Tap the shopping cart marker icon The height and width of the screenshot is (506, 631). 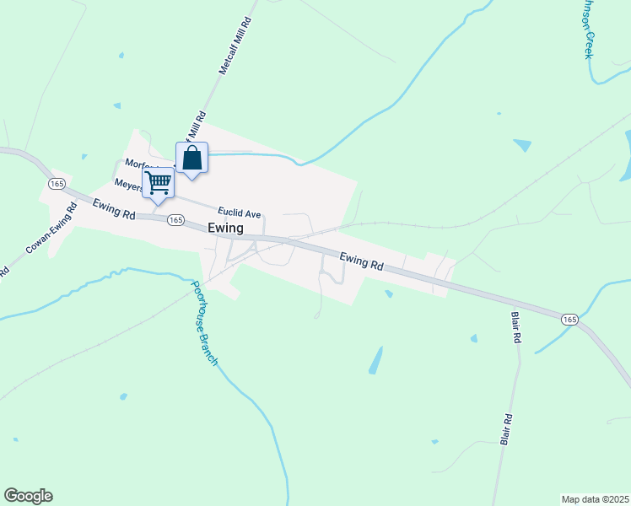click(159, 183)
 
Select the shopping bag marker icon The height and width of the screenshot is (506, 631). click(192, 158)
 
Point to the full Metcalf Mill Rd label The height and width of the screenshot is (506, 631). click(236, 46)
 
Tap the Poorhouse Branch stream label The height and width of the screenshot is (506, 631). click(204, 324)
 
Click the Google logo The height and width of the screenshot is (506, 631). click(28, 496)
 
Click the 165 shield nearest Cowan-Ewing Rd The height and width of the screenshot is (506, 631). click(57, 184)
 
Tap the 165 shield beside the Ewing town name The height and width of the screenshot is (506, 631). click(175, 220)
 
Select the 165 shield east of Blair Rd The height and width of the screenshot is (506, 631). click(569, 319)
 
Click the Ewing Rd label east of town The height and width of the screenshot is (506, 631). click(361, 261)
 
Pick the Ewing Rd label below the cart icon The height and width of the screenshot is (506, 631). click(115, 208)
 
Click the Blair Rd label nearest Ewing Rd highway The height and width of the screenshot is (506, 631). click(516, 327)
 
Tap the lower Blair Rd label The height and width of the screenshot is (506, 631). click(506, 428)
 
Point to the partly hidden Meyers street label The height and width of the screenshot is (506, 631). click(129, 185)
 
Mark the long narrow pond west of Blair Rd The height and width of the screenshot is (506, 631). click(375, 361)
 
